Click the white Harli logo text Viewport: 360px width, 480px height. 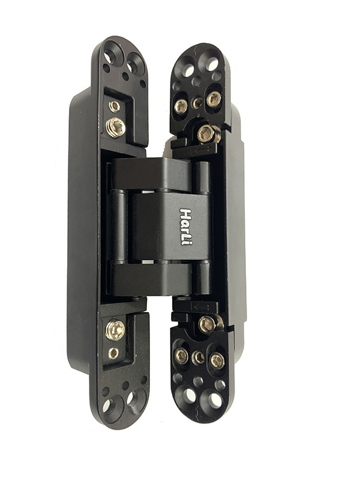click(x=185, y=227)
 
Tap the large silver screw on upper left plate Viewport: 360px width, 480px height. click(x=116, y=127)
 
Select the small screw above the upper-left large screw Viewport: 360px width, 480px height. click(x=115, y=106)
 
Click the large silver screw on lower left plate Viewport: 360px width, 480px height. click(x=115, y=329)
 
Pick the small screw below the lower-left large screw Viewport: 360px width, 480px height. click(x=113, y=353)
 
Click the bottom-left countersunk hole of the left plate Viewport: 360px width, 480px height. click(x=112, y=406)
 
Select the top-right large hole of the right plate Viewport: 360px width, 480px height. click(x=211, y=64)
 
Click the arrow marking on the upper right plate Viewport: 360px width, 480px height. click(x=203, y=149)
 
